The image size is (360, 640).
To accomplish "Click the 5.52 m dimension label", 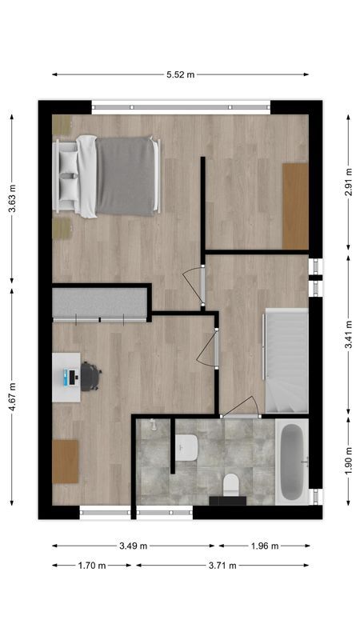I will point(180,74).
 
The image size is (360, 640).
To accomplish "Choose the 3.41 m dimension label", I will point(349,334).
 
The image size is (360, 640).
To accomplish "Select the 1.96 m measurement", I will point(264,547).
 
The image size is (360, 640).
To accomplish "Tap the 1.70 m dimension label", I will point(92,566).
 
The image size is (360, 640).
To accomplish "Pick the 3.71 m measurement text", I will point(222,566).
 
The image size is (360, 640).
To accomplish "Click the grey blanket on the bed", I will point(126,175).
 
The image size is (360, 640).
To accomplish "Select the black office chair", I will point(90,376).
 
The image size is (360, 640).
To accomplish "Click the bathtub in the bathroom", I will point(291,463).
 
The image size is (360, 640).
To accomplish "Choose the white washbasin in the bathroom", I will point(187,446).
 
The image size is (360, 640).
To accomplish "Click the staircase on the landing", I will point(286,362).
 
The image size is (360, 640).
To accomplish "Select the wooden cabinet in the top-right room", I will point(295,206).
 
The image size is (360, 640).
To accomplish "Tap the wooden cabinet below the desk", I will point(66,462).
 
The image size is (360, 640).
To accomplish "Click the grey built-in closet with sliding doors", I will point(100,304).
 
